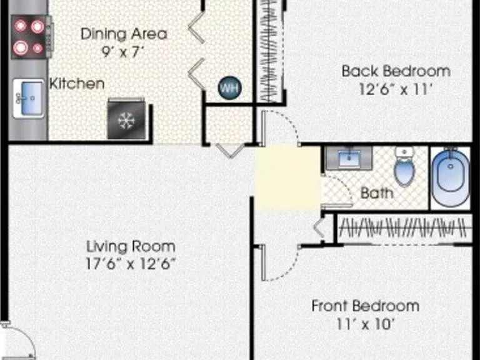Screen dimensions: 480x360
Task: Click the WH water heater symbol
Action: [x=229, y=88]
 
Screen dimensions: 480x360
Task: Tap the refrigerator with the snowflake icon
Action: [x=126, y=119]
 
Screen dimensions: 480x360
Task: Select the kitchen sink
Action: [x=29, y=98]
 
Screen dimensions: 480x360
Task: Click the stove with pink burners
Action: [x=31, y=36]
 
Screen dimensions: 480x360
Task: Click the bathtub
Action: [x=450, y=178]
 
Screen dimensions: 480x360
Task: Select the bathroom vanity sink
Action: [x=349, y=158]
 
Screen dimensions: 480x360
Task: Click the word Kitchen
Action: [x=77, y=84]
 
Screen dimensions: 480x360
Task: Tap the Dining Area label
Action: [x=124, y=34]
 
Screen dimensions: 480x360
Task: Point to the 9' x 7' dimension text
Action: [x=122, y=52]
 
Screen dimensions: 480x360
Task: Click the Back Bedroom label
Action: [x=396, y=71]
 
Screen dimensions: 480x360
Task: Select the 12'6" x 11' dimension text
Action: [x=396, y=89]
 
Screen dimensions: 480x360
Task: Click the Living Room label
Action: [x=131, y=246]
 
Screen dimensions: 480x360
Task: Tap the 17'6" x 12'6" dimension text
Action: [x=131, y=264]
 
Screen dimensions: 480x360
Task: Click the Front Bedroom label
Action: [x=365, y=306]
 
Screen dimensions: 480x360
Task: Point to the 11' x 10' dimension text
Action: [x=364, y=324]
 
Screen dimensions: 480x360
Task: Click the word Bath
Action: [x=377, y=193]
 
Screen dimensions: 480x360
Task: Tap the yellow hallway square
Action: [x=287, y=178]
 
